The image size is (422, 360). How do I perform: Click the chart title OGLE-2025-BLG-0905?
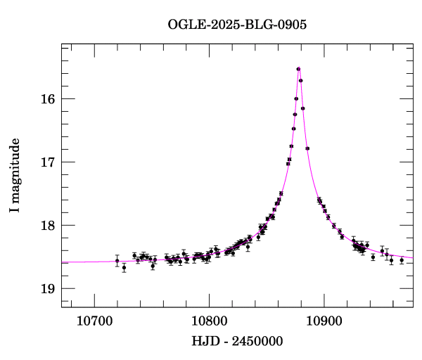(237, 24)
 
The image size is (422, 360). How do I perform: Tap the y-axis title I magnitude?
(15, 176)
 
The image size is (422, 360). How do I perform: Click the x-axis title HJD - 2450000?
(237, 342)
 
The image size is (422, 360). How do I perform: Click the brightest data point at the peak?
(299, 69)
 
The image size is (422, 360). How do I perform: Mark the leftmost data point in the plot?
(117, 261)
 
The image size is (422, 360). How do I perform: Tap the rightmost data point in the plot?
(402, 260)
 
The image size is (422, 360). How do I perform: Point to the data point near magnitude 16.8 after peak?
(307, 148)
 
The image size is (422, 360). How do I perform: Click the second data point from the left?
(124, 267)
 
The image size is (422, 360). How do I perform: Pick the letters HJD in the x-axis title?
(203, 342)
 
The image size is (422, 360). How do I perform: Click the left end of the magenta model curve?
(63, 262)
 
